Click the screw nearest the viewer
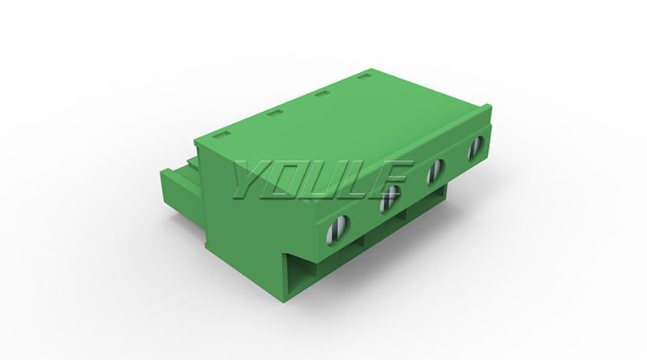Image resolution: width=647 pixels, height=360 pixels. [337, 230]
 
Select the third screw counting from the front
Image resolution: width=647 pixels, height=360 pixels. [435, 170]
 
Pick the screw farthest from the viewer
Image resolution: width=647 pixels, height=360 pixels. [476, 148]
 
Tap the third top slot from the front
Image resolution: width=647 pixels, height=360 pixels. [321, 94]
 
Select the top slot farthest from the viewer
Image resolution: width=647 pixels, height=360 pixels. [363, 76]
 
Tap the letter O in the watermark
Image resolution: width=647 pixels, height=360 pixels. [291, 179]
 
